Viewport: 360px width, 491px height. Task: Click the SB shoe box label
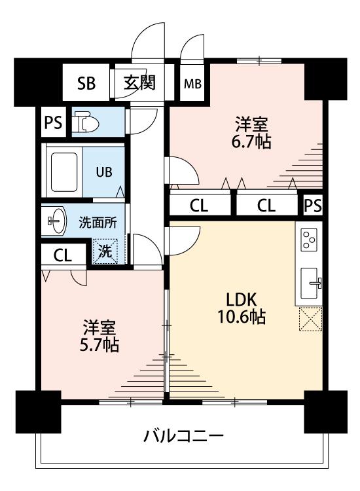pos(86,84)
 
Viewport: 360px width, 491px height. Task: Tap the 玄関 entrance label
pos(139,83)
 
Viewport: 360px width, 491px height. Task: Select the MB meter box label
pos(192,84)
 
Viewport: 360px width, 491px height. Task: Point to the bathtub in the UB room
pos(64,172)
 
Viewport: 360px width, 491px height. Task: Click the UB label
pos(104,172)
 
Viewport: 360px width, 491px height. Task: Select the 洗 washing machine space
pos(105,251)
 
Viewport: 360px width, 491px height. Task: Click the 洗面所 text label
pos(98,223)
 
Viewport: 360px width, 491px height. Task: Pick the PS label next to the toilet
pos(53,122)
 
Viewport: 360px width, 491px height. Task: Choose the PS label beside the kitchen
pos(313,206)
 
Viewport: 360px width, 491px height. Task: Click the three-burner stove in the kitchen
pos(309,240)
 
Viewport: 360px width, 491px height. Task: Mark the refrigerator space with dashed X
pos(310,319)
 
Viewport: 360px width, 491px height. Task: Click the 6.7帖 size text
pos(251,142)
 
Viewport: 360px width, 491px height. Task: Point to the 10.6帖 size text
pos(242,317)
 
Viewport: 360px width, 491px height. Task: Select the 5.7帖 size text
pos(99,345)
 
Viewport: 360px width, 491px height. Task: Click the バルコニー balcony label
pos(184,435)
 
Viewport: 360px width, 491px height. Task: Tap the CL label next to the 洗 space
pos(63,255)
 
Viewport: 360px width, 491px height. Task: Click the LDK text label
pos(242,299)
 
